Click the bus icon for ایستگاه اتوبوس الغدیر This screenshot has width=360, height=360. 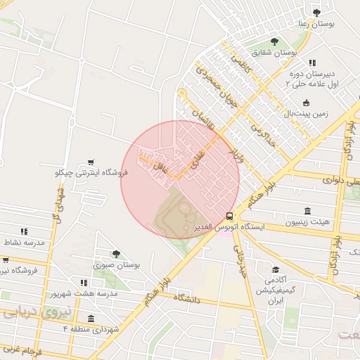[230, 216]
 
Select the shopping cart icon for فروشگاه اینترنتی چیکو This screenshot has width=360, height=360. [90, 162]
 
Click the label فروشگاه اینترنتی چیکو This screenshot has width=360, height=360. [90, 172]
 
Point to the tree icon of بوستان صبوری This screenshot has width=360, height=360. [116, 254]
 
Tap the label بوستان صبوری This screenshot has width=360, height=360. [117, 265]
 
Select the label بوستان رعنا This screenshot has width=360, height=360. [317, 23]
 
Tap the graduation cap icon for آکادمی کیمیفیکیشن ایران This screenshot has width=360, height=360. [276, 269]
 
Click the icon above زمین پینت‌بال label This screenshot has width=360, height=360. [306, 102]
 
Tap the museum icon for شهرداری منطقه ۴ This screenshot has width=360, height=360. [90, 318]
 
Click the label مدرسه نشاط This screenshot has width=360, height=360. [24, 242]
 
